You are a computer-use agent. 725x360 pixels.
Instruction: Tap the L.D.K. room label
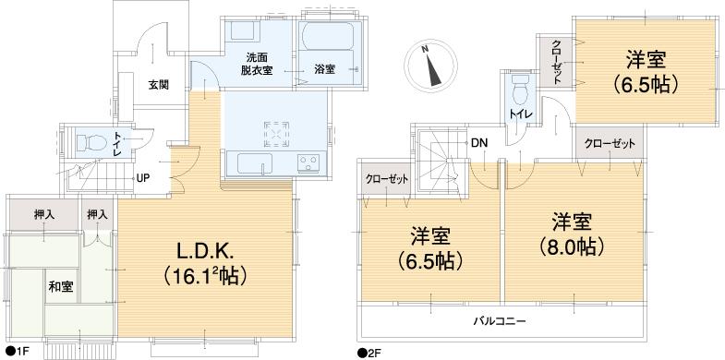205,250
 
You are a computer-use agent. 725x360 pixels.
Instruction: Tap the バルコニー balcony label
502,321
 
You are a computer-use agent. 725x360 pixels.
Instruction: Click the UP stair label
143,178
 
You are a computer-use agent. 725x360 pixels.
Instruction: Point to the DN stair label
478,143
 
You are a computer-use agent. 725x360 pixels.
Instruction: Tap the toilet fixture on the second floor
518,94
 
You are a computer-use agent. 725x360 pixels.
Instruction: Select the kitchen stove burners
308,164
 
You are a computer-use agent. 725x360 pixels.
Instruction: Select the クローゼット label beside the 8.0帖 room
610,144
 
